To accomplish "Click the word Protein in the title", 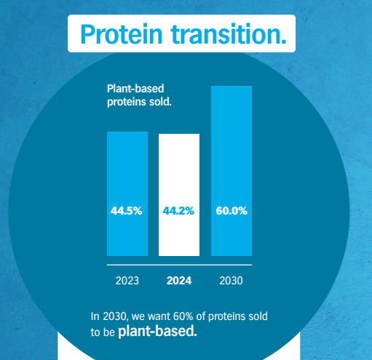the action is [x=122, y=34].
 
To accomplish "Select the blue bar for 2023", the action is [x=127, y=193].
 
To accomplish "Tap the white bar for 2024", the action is [x=179, y=195].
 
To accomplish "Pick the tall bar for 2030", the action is [x=231, y=171].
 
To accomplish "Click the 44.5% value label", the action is [x=126, y=211].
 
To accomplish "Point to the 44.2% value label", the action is [x=178, y=211].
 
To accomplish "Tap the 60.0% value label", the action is [x=231, y=211].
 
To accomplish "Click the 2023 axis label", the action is [x=127, y=281].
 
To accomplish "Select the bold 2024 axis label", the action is [x=179, y=281].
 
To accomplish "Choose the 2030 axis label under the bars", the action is [x=231, y=281].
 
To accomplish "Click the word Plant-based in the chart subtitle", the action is [x=135, y=89].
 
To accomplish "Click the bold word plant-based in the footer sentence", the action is [x=157, y=331].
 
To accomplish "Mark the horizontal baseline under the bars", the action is [x=180, y=265].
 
